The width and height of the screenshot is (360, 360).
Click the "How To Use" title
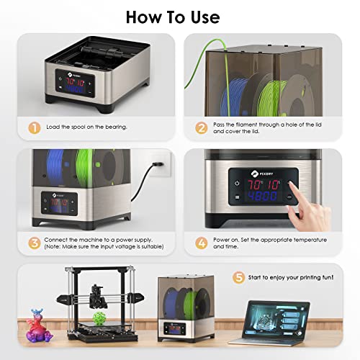179,16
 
